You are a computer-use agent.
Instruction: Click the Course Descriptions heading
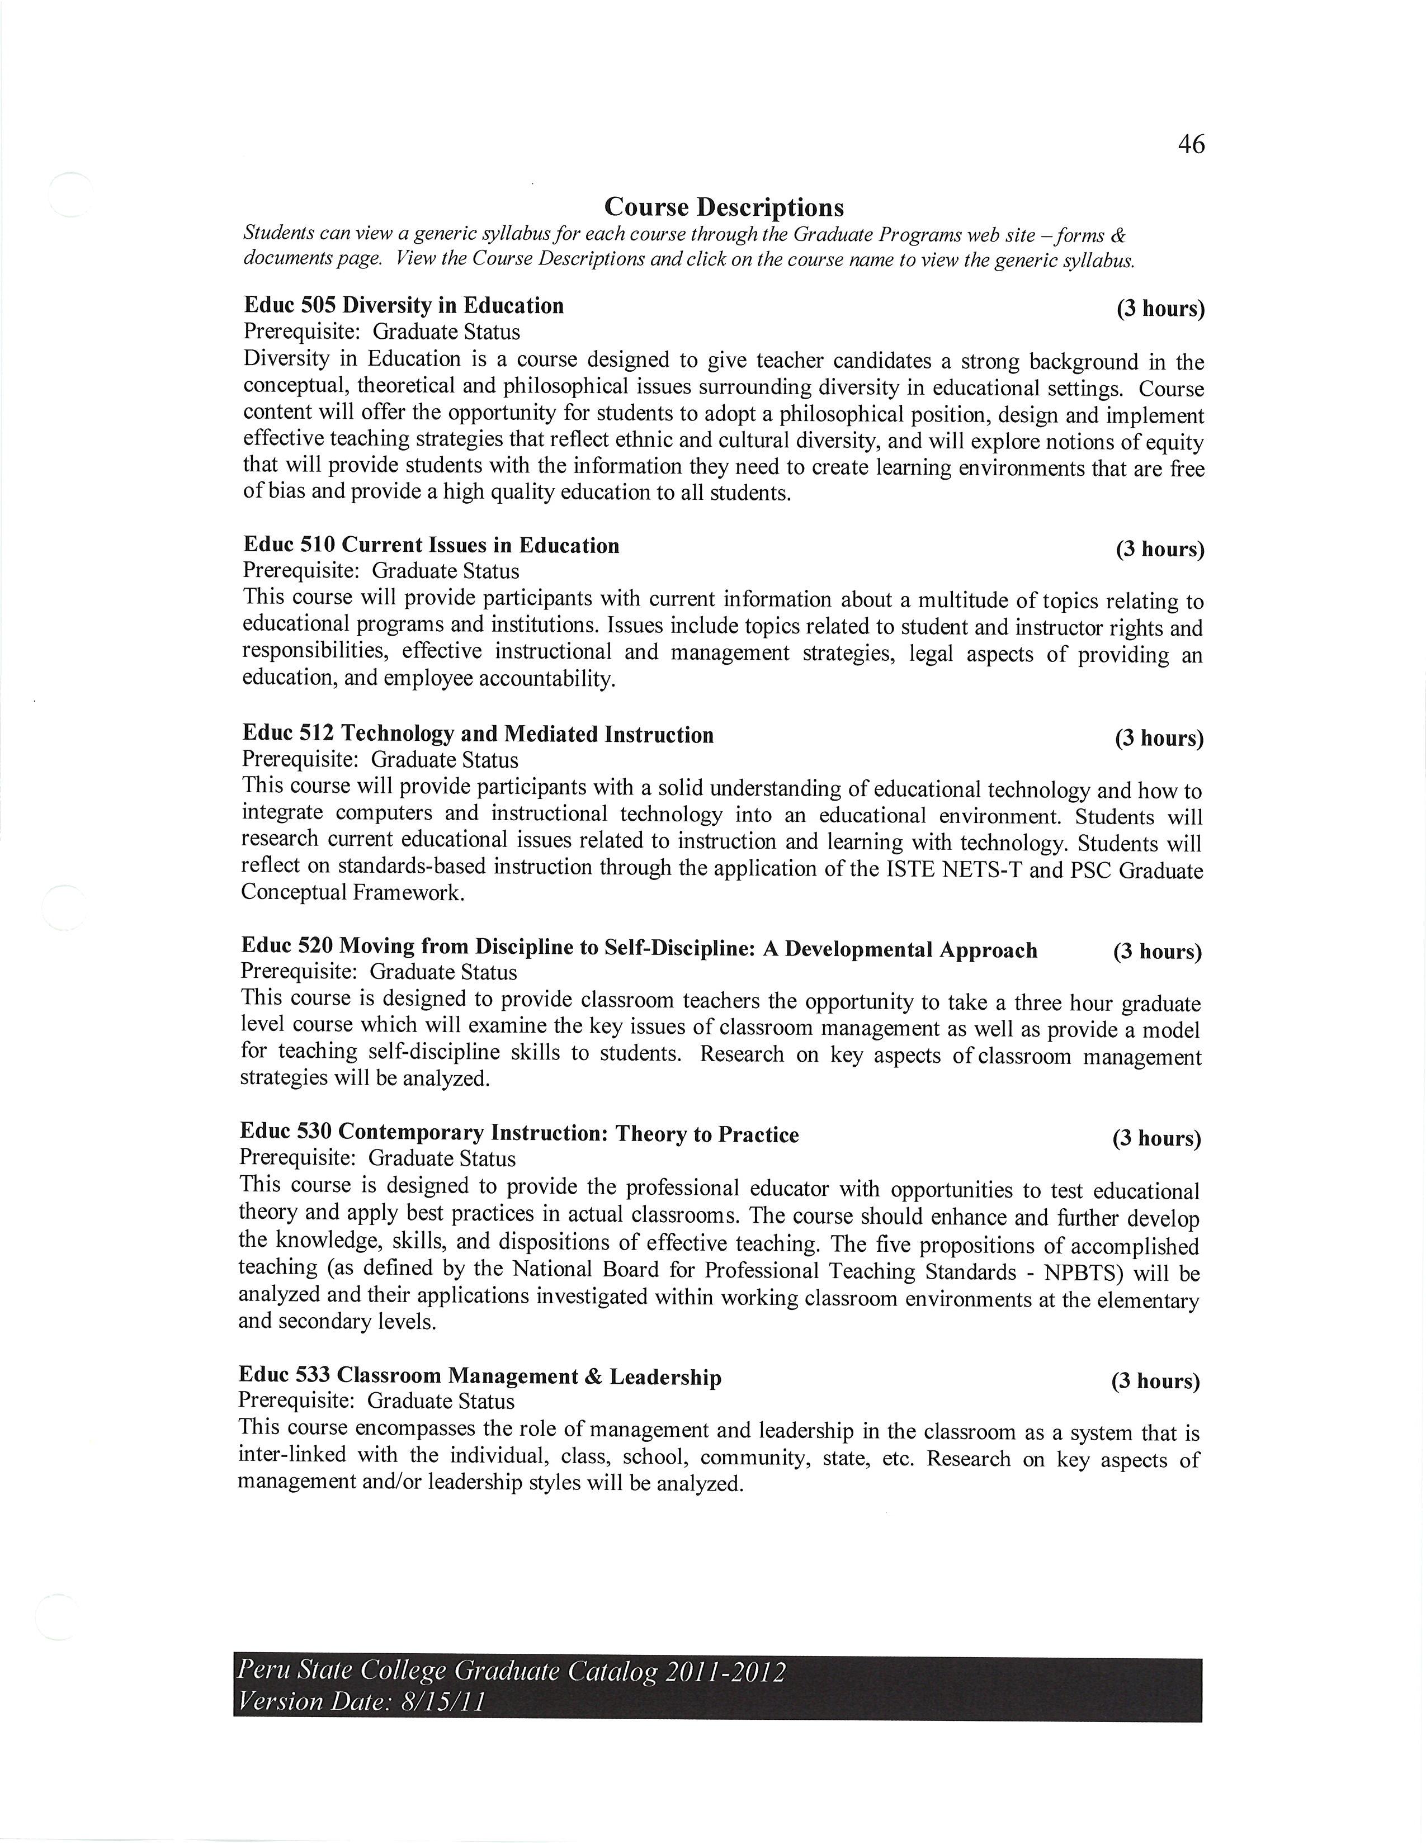pyautogui.click(x=724, y=207)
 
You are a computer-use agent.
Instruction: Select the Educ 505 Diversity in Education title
pyautogui.click(x=404, y=306)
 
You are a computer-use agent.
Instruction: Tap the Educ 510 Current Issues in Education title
pyautogui.click(x=431, y=546)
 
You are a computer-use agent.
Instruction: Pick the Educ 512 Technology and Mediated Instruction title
pyautogui.click(x=478, y=735)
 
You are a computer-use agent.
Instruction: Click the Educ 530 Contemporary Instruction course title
pyautogui.click(x=519, y=1134)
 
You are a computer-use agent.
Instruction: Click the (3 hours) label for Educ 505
pyautogui.click(x=1161, y=309)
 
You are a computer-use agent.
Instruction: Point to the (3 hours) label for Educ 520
pyautogui.click(x=1156, y=952)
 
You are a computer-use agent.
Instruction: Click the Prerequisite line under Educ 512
pyautogui.click(x=380, y=760)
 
